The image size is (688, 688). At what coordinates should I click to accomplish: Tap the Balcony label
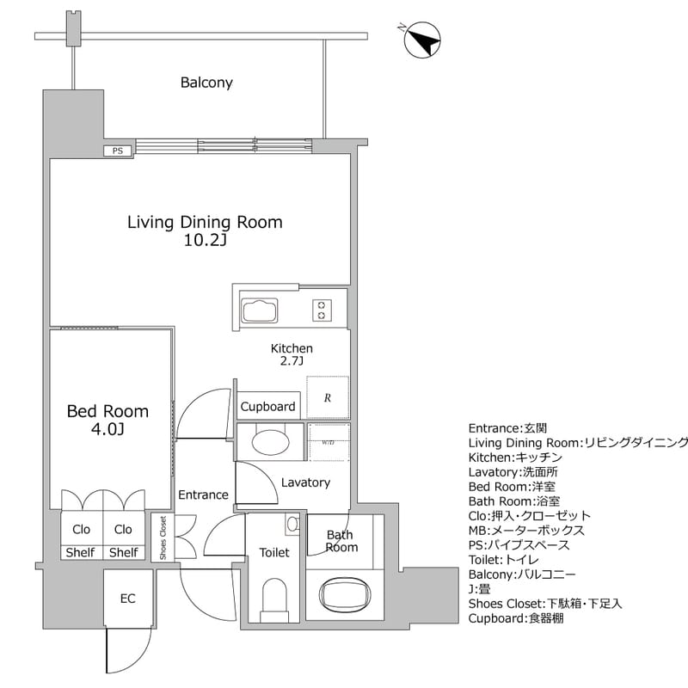click(206, 83)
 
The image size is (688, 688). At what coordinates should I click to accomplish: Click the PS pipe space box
click(118, 150)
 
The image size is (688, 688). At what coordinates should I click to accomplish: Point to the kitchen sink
click(259, 310)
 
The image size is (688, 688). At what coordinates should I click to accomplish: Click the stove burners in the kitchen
click(322, 310)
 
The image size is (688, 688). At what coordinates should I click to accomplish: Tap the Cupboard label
click(267, 407)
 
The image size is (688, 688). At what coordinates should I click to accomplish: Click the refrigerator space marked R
click(328, 397)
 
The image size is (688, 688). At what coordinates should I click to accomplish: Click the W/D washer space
click(329, 443)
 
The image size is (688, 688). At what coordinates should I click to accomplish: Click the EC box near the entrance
click(127, 599)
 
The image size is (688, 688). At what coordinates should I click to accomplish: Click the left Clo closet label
click(82, 530)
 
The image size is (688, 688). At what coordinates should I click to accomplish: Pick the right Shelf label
click(123, 553)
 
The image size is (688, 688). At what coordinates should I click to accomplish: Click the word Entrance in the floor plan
click(203, 494)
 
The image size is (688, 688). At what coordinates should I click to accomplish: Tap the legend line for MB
click(526, 531)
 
